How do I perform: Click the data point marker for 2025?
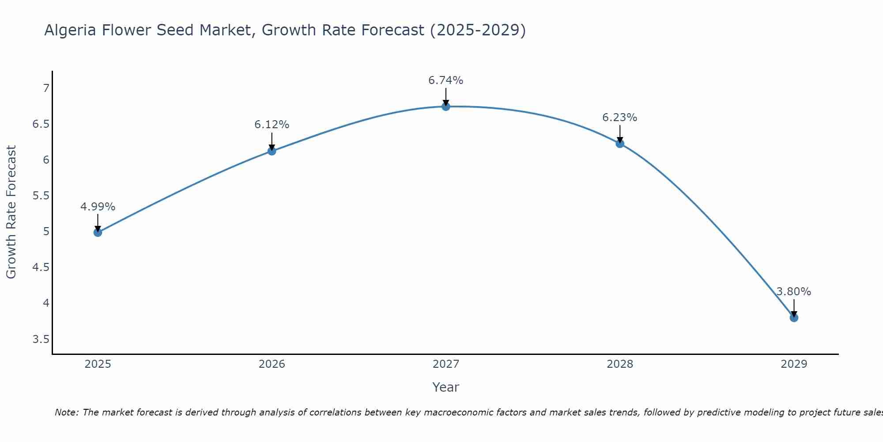98,232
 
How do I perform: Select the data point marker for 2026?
272,151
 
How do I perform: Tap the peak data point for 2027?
446,107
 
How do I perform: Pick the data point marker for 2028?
620,143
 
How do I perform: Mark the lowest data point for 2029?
794,318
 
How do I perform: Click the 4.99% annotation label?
98,207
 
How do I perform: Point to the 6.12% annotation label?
272,125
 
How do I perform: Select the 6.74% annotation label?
446,80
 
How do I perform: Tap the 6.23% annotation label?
620,118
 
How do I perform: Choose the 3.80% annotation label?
794,292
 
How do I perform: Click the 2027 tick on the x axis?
446,364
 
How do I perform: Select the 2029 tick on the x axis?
794,364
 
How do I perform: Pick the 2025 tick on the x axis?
98,364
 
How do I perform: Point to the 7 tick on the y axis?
46,88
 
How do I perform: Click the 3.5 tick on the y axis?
41,339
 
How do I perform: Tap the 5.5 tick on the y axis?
41,196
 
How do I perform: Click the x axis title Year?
446,387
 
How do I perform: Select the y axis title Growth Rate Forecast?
11,212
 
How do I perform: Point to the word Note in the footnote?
66,412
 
